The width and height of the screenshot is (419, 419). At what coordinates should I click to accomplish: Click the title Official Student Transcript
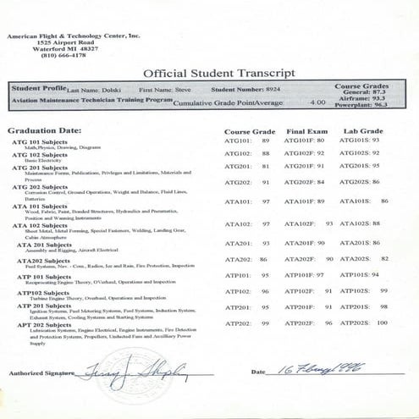click(x=218, y=73)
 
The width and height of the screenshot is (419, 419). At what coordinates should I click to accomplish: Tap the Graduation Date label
click(x=45, y=131)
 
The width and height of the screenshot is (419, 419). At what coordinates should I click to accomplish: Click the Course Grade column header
click(x=249, y=131)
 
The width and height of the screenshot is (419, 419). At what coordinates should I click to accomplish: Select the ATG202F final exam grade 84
click(x=320, y=182)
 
